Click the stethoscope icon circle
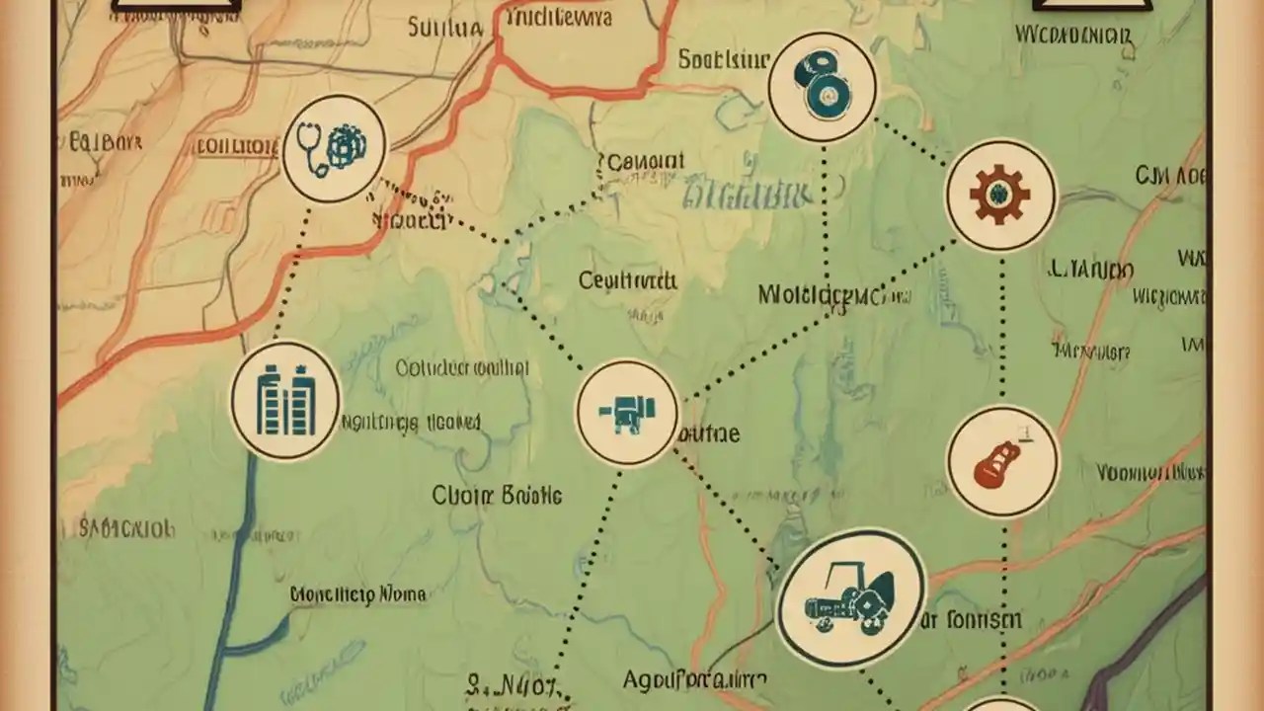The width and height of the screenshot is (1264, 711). [333, 149]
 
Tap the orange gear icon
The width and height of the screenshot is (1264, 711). [1000, 194]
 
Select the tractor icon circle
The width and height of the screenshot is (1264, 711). [850, 598]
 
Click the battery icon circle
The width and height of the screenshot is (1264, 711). [285, 401]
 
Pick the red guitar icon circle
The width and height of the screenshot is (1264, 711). [1002, 460]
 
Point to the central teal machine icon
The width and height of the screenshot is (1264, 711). [627, 412]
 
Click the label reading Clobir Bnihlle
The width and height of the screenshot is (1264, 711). [497, 495]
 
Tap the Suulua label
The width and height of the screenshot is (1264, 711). [445, 28]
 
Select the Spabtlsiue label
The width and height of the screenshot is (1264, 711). [723, 59]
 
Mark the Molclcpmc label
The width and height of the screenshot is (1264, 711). [821, 294]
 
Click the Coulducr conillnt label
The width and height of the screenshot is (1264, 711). [462, 368]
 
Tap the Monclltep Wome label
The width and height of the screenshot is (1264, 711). [358, 594]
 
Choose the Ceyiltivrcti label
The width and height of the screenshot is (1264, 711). [627, 280]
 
